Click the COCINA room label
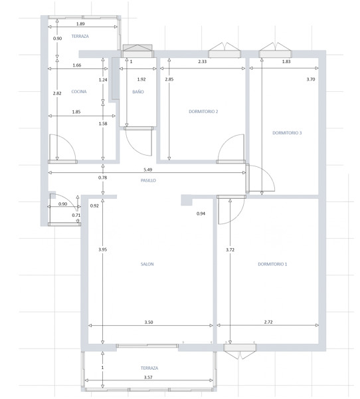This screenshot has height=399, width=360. tap(79, 92)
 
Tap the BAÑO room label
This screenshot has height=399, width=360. tap(138, 92)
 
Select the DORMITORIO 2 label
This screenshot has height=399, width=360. tap(203, 112)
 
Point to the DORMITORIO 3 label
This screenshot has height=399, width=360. tap(287, 133)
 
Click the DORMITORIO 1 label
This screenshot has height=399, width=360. tap(272, 264)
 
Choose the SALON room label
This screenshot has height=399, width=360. tap(147, 264)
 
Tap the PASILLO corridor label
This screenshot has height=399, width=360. tap(148, 180)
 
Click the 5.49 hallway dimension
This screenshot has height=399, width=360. tap(147, 170)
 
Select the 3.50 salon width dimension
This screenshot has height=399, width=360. tap(149, 322)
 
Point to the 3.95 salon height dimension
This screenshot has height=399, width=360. tap(103, 249)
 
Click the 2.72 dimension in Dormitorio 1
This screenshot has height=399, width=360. tap(268, 322)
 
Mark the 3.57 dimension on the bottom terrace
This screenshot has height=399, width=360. tap(148, 377)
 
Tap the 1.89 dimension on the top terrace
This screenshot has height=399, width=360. tap(80, 24)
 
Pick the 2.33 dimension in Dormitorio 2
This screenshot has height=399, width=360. tap(203, 61)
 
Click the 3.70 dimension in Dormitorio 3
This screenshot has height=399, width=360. tap(311, 79)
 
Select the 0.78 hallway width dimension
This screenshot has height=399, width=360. tap(103, 178)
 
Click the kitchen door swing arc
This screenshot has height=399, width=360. tap(68, 142)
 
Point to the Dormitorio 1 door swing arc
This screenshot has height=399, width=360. tap(238, 217)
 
